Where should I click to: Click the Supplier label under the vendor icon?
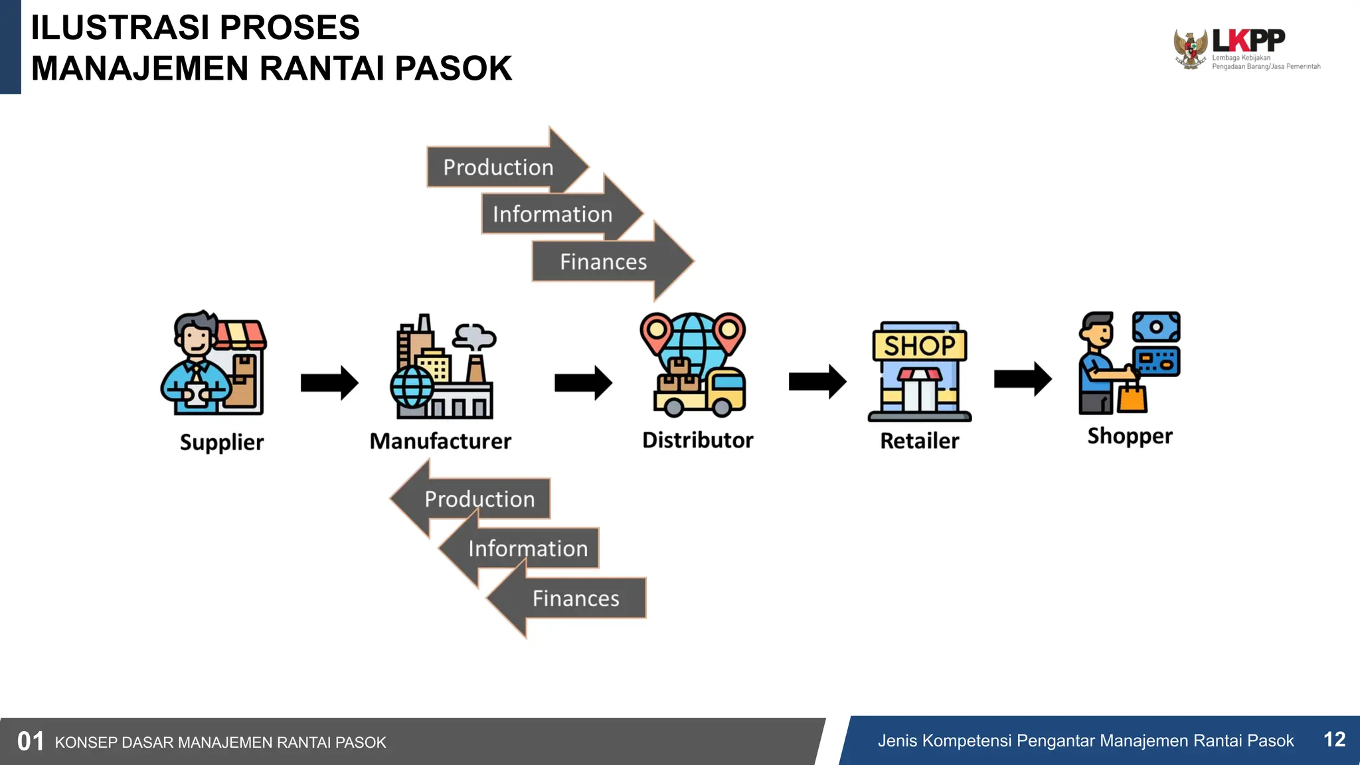(x=222, y=442)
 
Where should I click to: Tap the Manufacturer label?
(x=440, y=441)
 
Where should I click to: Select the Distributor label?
(x=697, y=440)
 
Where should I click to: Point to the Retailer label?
(x=919, y=441)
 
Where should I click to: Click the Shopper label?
(x=1130, y=436)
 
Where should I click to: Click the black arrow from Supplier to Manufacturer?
(x=329, y=382)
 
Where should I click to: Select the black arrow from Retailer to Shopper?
(x=1022, y=379)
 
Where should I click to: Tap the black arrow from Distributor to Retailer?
(x=817, y=382)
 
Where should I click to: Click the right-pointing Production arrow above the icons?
(x=499, y=167)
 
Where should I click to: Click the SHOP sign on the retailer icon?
(x=919, y=345)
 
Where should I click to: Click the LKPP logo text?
(x=1248, y=41)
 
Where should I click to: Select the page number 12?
(x=1334, y=740)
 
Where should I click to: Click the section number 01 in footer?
(x=31, y=742)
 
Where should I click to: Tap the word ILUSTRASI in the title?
(x=120, y=28)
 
